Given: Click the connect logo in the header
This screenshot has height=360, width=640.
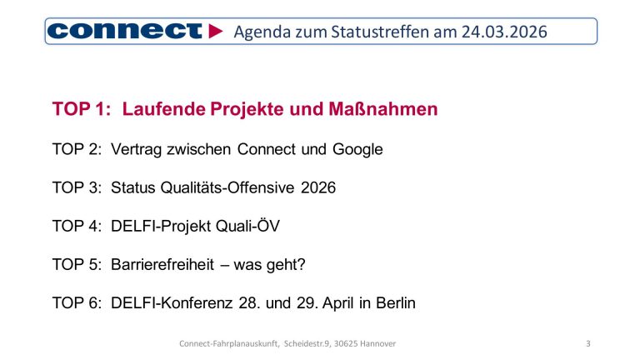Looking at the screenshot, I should (125, 32).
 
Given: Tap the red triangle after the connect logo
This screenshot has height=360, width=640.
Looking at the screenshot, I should (216, 32).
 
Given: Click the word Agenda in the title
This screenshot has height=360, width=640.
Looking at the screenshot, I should (259, 32).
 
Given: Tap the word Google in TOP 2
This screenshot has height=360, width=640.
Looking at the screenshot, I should (356, 150).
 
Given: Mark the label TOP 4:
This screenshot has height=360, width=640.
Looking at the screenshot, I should (77, 226).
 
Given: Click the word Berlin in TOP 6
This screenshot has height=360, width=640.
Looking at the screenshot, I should (393, 302).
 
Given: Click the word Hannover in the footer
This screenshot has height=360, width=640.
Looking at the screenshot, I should (377, 343).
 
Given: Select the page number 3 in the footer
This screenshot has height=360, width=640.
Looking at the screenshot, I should (588, 343).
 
